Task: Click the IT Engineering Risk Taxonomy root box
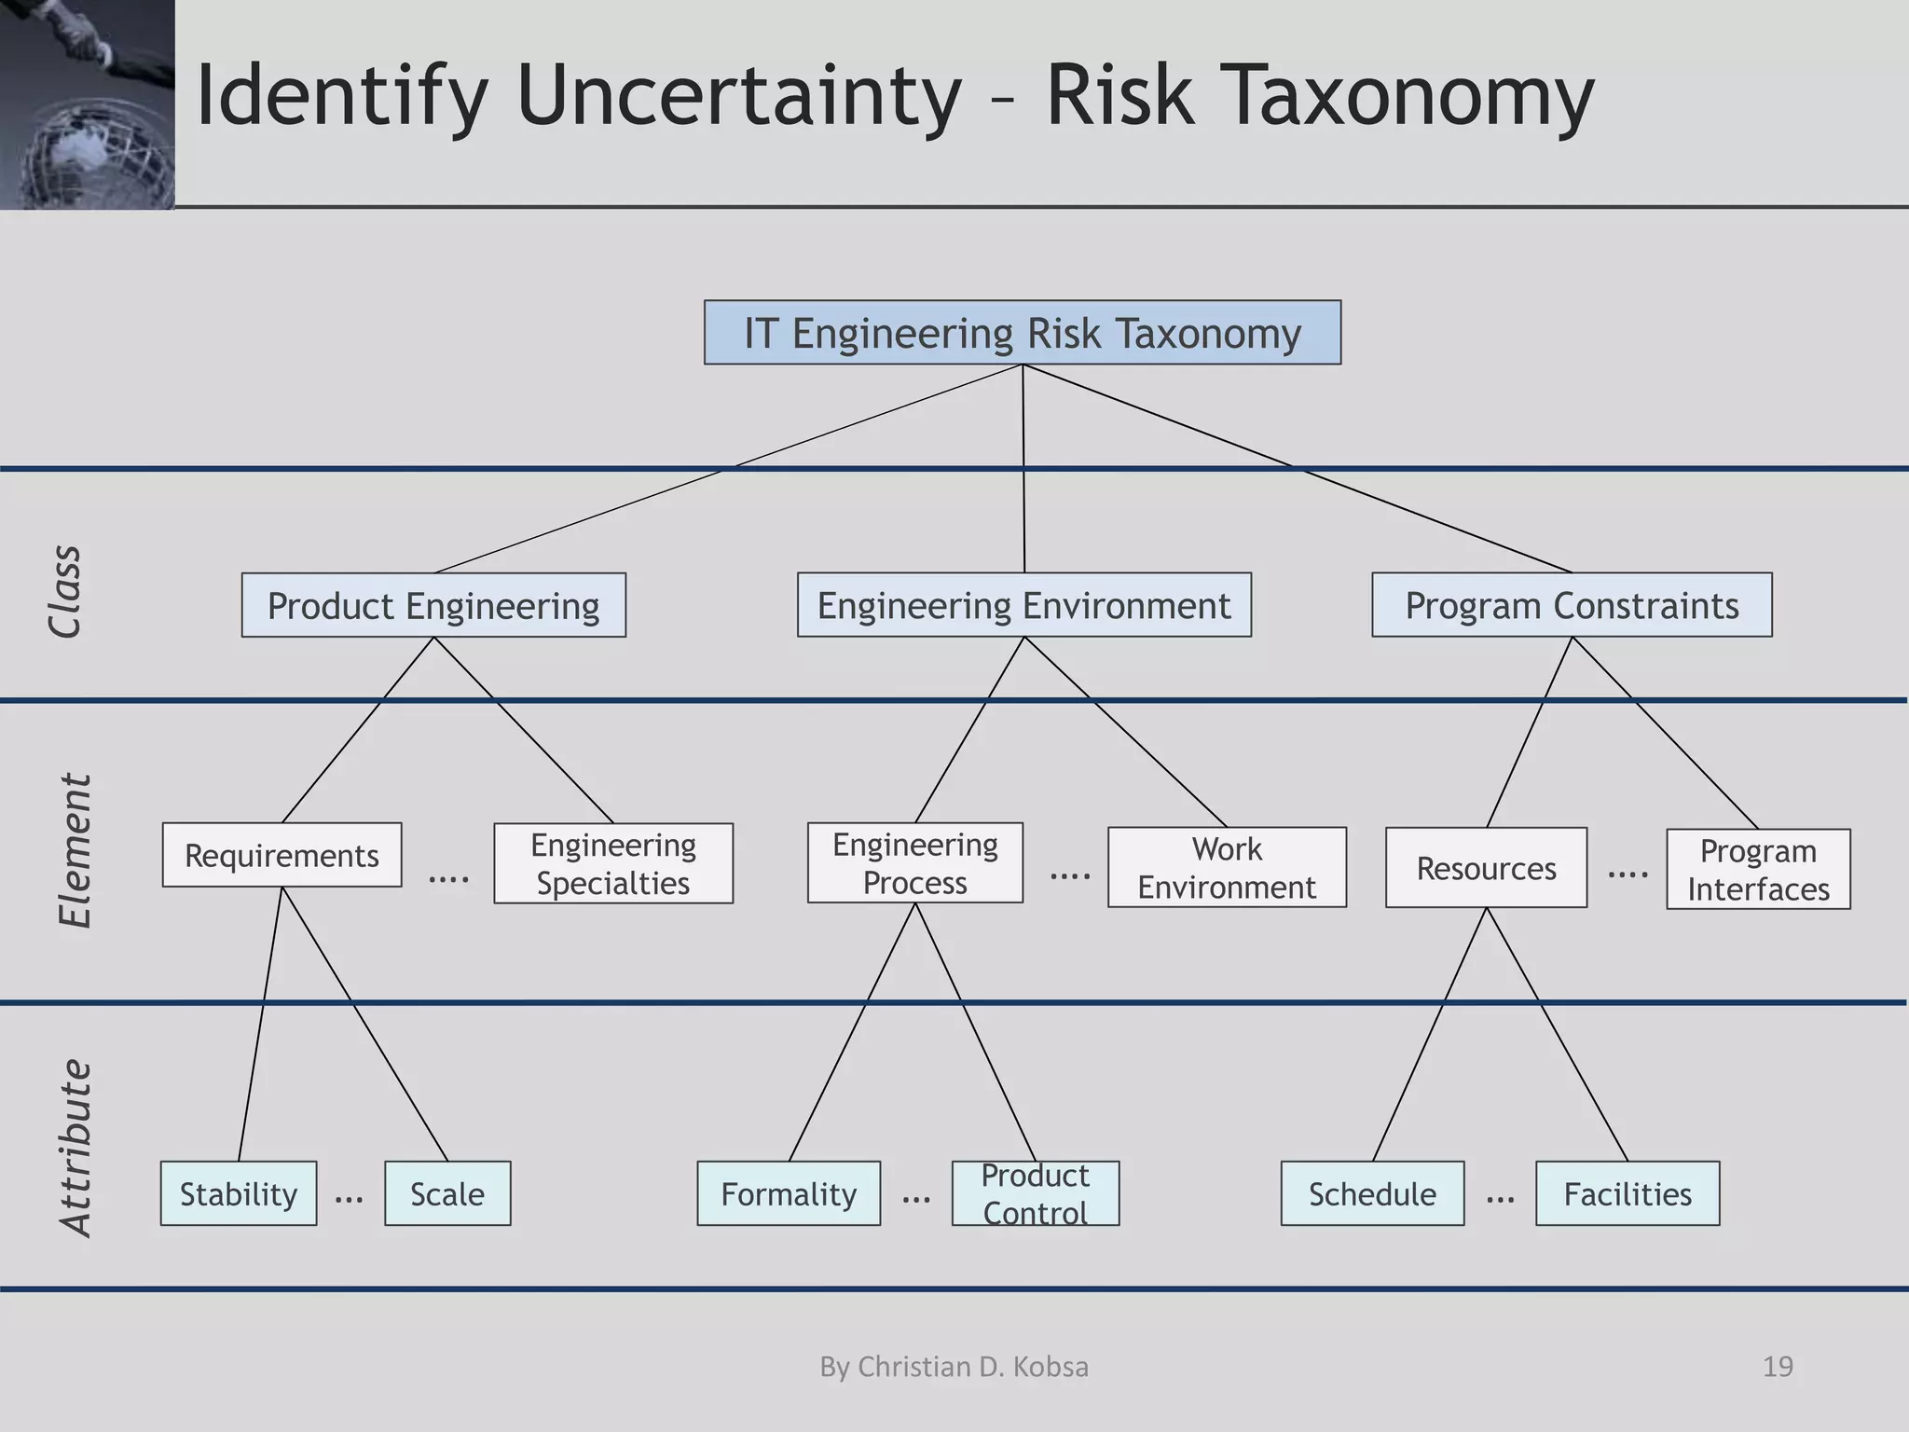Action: click(x=1022, y=333)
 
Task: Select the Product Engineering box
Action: click(x=433, y=606)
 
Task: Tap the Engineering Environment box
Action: click(x=1023, y=606)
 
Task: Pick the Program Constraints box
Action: click(x=1572, y=606)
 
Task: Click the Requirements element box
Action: click(x=282, y=855)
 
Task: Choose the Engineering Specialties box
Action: click(x=613, y=863)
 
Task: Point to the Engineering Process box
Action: click(x=914, y=862)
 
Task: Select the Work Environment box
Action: click(x=1227, y=867)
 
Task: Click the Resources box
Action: click(x=1486, y=868)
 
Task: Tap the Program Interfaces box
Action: click(x=1758, y=869)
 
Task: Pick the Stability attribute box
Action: click(x=239, y=1193)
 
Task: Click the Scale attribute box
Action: click(x=447, y=1193)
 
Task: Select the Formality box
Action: click(x=789, y=1193)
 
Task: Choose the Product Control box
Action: click(x=1035, y=1193)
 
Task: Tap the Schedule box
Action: click(x=1372, y=1193)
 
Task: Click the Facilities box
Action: click(x=1627, y=1193)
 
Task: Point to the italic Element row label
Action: click(x=75, y=850)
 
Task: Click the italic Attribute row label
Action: click(x=75, y=1149)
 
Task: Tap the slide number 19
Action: click(x=1778, y=1367)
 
